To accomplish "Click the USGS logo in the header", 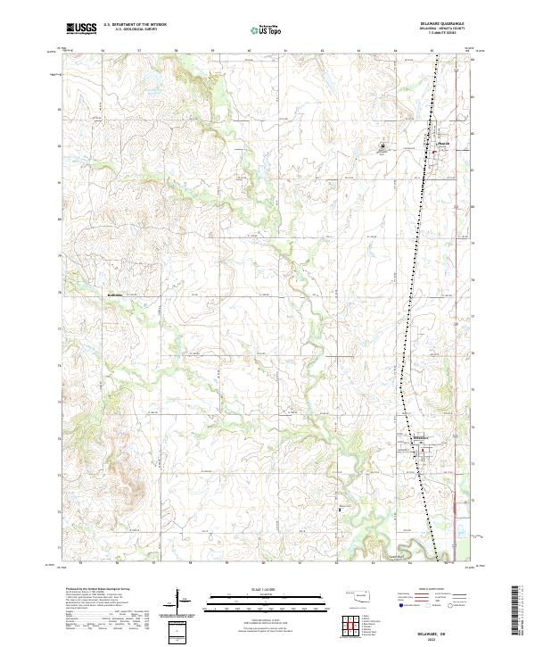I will point(81,29).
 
